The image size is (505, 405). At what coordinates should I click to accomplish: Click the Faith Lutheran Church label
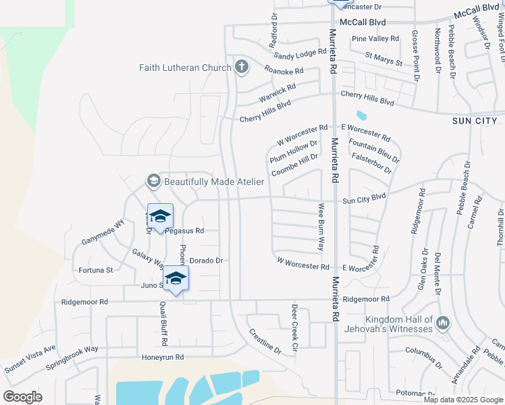pos(185,67)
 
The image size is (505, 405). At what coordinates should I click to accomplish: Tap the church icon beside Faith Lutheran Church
pos(241,66)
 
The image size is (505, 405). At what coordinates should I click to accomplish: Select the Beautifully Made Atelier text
pos(214,181)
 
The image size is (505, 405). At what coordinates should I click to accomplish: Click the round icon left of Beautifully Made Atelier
pos(153,181)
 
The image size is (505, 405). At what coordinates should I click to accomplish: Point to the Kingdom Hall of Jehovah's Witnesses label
pos(398,324)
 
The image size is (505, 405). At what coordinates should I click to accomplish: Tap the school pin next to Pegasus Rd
pos(160,217)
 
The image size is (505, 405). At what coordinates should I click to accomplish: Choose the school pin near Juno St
pos(176,279)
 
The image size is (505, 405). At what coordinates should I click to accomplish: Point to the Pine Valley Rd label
pos(375,38)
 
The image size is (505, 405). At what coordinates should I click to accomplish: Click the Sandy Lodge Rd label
pos(300,55)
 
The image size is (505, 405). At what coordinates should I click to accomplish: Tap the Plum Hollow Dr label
pos(293,151)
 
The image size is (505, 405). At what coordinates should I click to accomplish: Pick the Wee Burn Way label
pos(321,227)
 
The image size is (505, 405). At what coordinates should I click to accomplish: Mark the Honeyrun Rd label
pos(163,356)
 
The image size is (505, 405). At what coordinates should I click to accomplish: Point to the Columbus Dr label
pos(423,350)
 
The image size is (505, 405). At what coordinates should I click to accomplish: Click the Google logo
pos(22,397)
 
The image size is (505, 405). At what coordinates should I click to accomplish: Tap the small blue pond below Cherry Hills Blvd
pos(361,116)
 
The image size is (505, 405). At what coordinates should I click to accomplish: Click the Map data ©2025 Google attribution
pos(462,400)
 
